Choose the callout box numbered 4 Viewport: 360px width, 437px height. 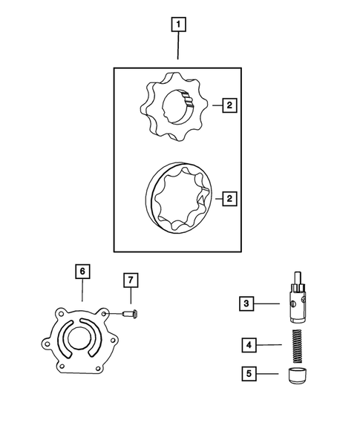[x=249, y=344]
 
